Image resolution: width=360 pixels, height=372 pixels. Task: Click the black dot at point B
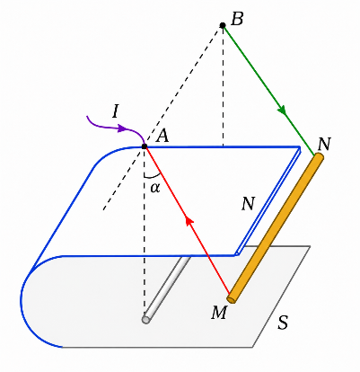[x=223, y=25]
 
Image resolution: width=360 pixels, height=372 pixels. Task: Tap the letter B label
[x=237, y=19]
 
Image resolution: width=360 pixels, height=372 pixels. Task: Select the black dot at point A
[x=145, y=146]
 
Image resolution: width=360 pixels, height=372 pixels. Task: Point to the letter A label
[x=162, y=136]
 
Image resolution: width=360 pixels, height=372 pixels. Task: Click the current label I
[x=115, y=111]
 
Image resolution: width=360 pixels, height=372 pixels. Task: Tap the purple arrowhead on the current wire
[x=122, y=128]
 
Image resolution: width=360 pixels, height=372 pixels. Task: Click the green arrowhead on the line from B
[x=282, y=111]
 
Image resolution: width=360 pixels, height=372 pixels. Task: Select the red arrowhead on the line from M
[x=189, y=221]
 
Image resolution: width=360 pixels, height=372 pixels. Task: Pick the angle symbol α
[x=155, y=188]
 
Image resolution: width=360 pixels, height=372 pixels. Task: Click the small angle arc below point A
[x=153, y=177]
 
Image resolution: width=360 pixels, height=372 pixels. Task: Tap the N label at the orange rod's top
[x=324, y=145]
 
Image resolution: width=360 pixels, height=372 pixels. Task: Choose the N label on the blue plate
[x=248, y=204]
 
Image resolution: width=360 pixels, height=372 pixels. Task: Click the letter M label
[x=219, y=313]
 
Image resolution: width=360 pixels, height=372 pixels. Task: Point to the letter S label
[x=283, y=323]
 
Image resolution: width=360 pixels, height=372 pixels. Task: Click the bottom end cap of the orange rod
[x=231, y=299]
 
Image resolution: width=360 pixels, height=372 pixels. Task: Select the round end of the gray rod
[x=145, y=319]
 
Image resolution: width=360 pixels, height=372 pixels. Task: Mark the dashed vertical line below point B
[x=223, y=87]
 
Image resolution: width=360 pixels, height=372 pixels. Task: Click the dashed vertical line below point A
[x=145, y=232]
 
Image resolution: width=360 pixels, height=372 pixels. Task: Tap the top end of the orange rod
[x=319, y=156]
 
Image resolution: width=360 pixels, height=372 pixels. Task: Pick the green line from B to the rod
[x=268, y=90]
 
